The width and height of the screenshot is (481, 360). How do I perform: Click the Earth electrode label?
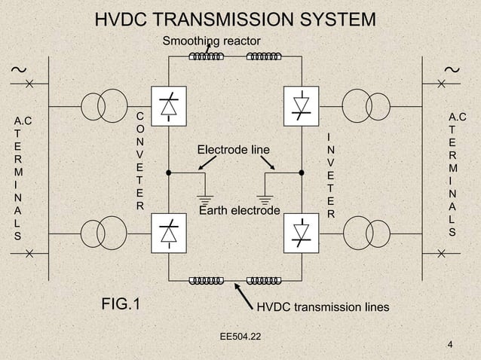tap(239, 209)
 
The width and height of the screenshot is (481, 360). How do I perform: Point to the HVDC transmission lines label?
tap(323, 307)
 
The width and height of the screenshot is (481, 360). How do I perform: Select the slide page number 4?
tap(450, 346)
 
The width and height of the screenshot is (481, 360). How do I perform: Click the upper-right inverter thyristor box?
tap(301, 105)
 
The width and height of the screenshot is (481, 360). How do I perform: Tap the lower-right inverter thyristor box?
tap(301, 231)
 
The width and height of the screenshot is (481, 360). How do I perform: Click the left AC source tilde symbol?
tap(15, 70)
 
